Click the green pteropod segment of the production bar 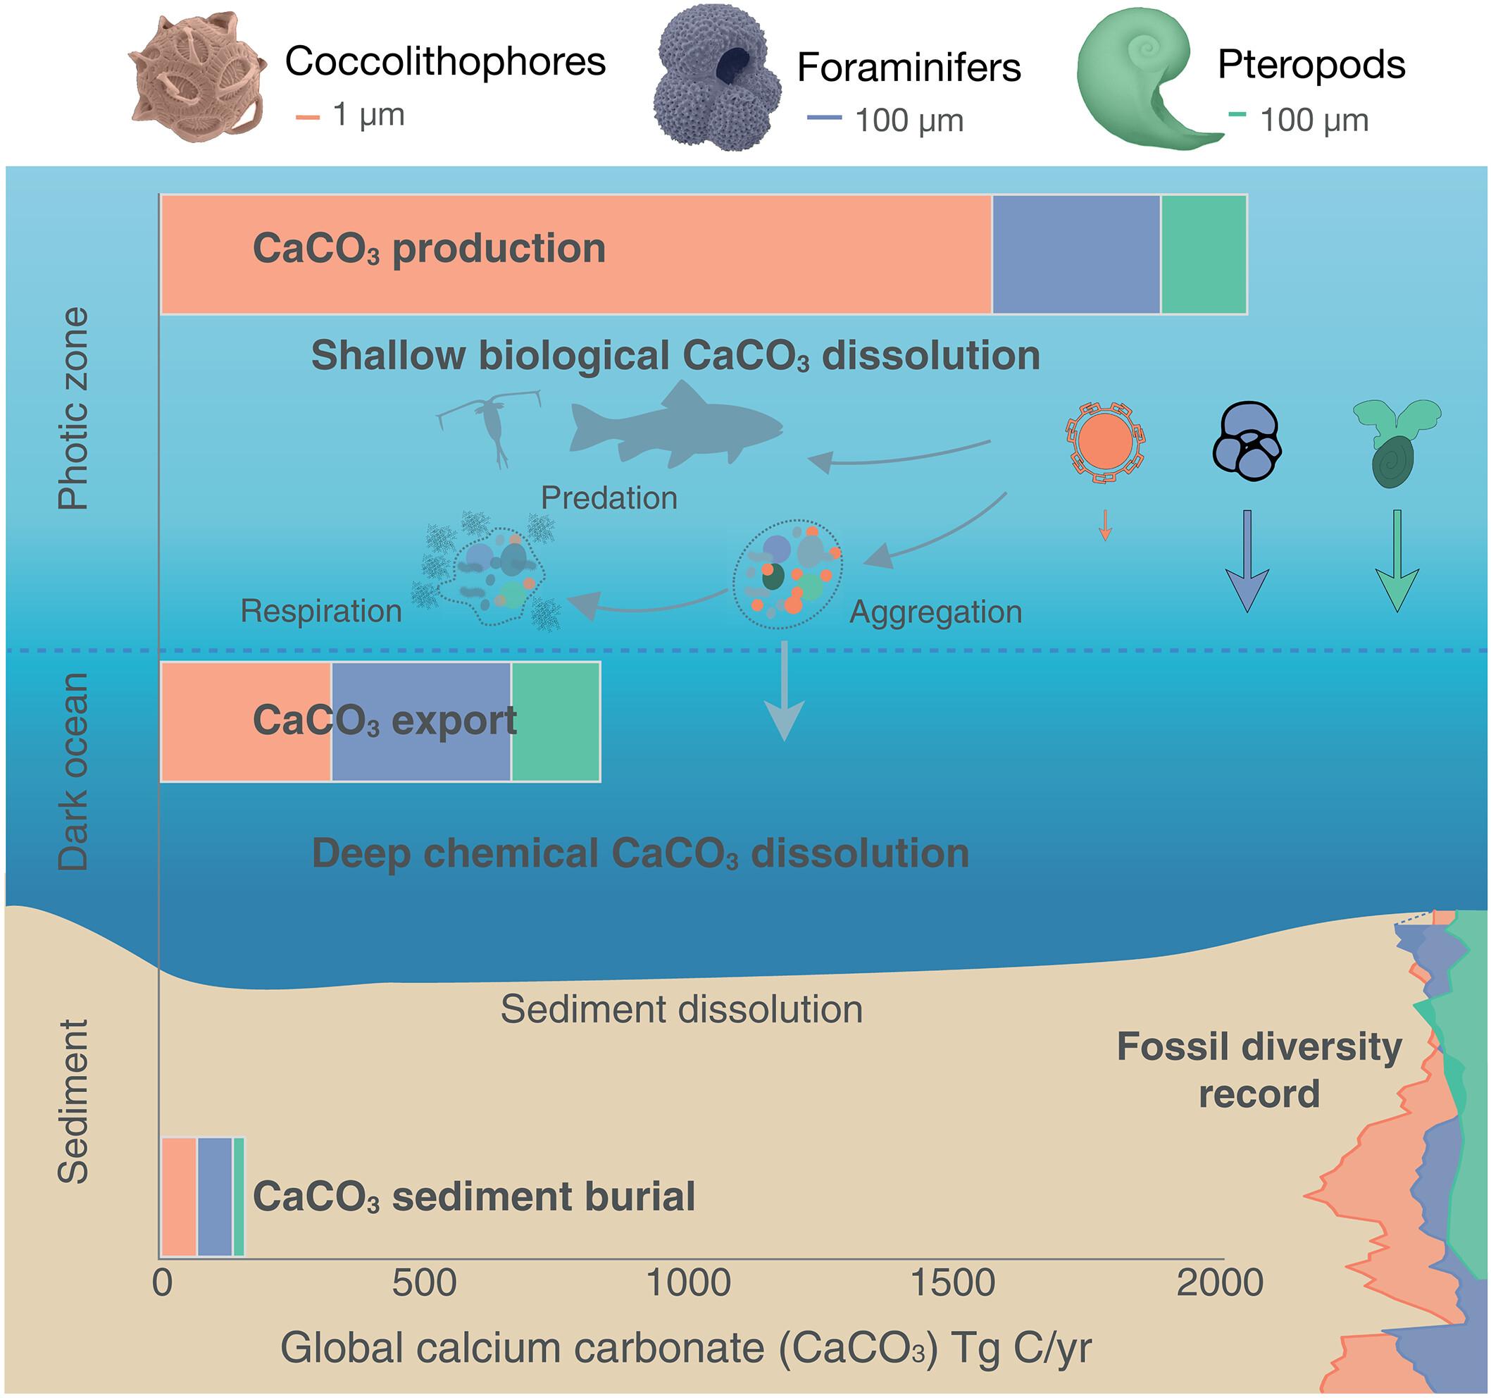[1203, 254]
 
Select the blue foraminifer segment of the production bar [1076, 254]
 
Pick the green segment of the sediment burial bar [239, 1196]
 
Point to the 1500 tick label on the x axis [952, 1283]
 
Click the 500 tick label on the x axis [424, 1283]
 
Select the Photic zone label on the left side [73, 409]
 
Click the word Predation [609, 498]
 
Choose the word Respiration [321, 612]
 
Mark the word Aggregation [935, 612]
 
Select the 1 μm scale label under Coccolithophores [368, 115]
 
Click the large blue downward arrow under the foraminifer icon [1247, 563]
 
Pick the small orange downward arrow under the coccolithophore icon [1104, 525]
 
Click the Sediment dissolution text [681, 1009]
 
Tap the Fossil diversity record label [1259, 1070]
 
